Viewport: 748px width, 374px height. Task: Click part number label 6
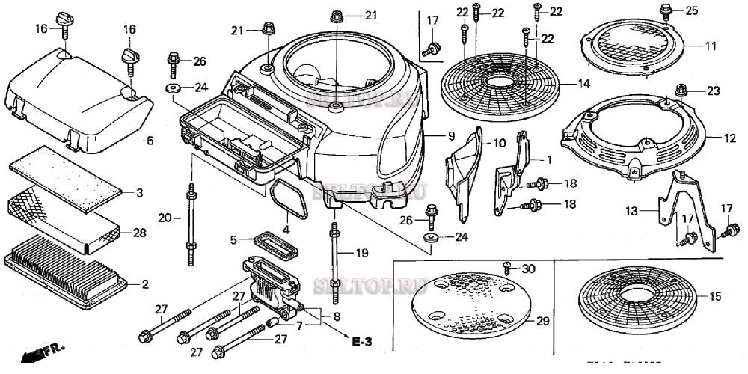pos(149,141)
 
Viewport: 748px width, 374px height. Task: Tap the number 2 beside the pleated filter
pos(145,283)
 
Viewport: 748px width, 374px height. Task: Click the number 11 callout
pos(711,46)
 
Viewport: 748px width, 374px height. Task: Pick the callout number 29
pos(543,321)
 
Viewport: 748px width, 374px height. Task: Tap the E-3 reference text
pos(362,342)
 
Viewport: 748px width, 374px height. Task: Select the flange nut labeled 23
pos(681,91)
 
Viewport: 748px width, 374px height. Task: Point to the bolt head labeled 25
pos(666,10)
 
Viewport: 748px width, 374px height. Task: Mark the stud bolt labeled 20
pos(192,224)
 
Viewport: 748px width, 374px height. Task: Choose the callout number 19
pos(362,253)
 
